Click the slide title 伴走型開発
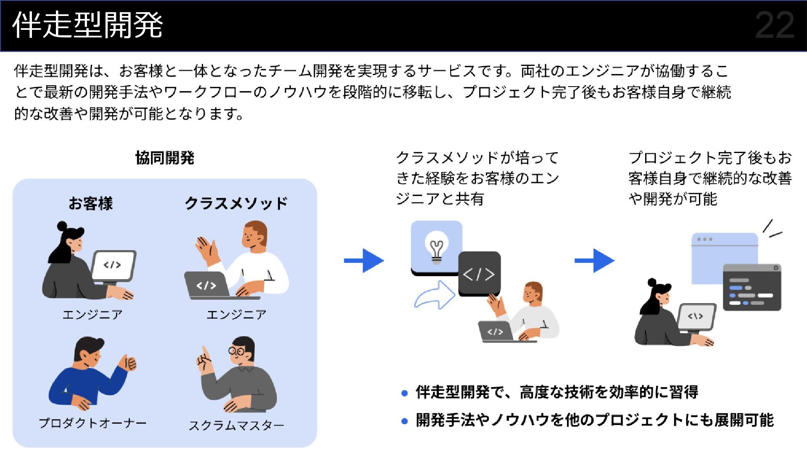pos(88,25)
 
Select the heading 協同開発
pos(165,158)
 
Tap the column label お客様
pos(91,203)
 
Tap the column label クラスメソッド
pos(236,203)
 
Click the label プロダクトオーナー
pos(92,423)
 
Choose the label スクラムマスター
pos(236,425)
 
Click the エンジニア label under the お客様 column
pos(92,314)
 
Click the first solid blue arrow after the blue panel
pos(364,261)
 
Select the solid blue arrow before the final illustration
pos(594,261)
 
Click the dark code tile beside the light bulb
pos(479,274)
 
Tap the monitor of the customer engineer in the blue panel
pos(113,265)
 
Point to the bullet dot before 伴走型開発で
pos(404,393)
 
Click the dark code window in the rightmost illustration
pos(752,288)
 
